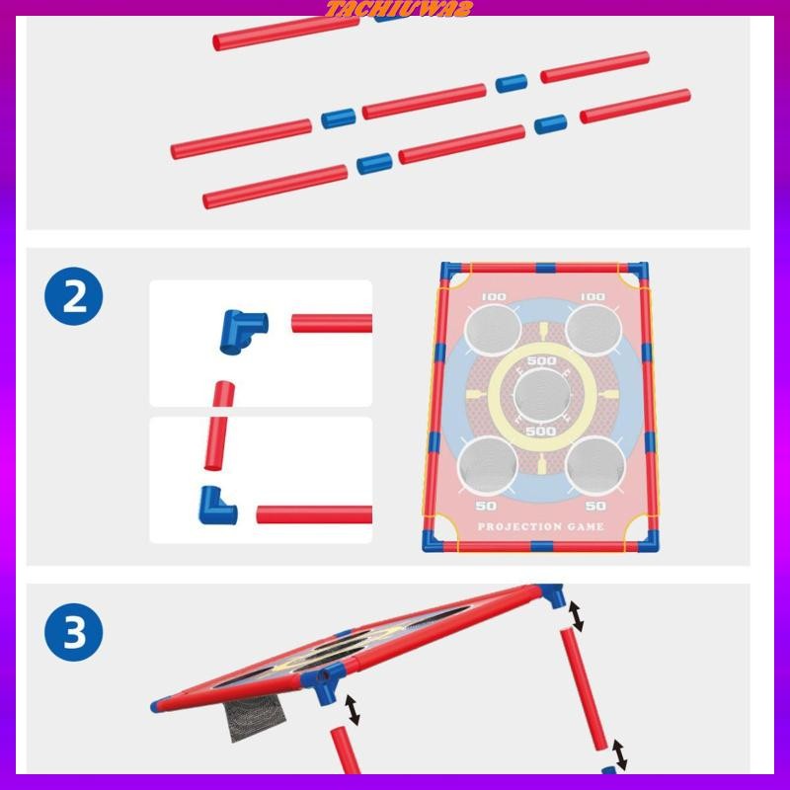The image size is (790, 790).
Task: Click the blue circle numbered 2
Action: (73, 296)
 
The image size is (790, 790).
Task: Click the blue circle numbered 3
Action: (73, 632)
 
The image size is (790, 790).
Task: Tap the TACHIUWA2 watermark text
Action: (399, 9)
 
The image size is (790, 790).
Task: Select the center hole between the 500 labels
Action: (541, 396)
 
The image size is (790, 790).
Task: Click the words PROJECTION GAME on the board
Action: (540, 526)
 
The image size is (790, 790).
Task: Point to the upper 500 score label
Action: (541, 360)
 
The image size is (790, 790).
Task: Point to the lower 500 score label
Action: (540, 432)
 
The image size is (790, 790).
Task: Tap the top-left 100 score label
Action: (494, 297)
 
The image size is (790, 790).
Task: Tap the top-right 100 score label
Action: (592, 297)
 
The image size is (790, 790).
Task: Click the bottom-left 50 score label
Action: (486, 506)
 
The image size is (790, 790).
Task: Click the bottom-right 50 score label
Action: (595, 506)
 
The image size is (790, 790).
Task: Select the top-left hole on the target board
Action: (493, 330)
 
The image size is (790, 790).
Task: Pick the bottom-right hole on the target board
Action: (595, 464)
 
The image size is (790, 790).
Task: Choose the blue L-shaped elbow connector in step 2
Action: (215, 506)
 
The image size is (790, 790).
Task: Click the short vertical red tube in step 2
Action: (219, 426)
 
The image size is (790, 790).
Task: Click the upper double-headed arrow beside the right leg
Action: (576, 616)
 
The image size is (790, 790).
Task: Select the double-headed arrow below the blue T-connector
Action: (353, 709)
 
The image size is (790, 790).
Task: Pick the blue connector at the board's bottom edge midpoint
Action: (541, 547)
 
